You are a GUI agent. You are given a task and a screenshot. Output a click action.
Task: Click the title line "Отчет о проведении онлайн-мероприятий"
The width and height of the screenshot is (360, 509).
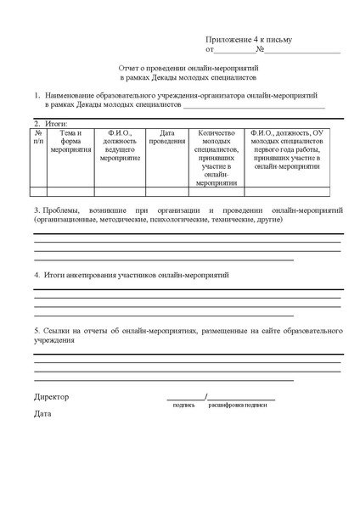[180, 66]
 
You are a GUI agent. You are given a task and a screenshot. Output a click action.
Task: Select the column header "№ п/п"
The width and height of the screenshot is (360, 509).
[38, 138]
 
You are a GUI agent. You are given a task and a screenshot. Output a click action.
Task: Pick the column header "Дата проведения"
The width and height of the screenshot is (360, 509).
[167, 138]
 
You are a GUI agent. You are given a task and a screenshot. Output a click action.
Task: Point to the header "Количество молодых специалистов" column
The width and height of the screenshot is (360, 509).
[216, 158]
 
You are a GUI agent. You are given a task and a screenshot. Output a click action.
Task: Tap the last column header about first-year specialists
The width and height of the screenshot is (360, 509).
[293, 150]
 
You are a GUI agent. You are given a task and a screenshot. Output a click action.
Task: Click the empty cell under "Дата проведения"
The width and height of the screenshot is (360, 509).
[167, 192]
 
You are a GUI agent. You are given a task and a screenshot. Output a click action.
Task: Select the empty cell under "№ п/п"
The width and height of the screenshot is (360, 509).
[38, 192]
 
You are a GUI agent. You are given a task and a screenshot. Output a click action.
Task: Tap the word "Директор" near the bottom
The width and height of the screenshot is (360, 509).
[52, 397]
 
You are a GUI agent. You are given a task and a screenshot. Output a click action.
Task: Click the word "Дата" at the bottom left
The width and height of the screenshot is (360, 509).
[42, 414]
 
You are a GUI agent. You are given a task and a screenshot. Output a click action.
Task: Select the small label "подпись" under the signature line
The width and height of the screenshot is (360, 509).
[184, 406]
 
